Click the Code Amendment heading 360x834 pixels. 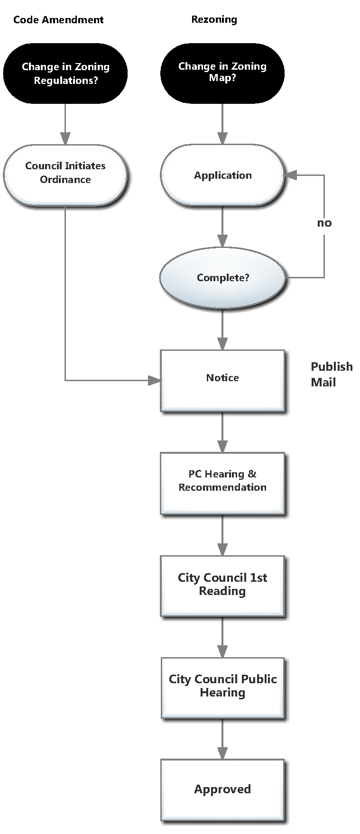pos(58,20)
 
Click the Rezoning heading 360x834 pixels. pos(214,19)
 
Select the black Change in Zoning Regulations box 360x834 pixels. pos(65,73)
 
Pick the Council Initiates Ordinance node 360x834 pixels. pos(65,173)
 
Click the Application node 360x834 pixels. pos(222,175)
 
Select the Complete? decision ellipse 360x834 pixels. pos(222,278)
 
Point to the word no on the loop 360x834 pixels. pos(324,223)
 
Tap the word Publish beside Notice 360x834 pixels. pos(332,367)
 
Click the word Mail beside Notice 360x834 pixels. pos(323,382)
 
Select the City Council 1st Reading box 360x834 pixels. pos(222,585)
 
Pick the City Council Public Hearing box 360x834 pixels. pos(222,686)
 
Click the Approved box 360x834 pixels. pos(222,789)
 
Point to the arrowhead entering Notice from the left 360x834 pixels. pos(154,380)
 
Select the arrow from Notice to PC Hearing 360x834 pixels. pos(222,432)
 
